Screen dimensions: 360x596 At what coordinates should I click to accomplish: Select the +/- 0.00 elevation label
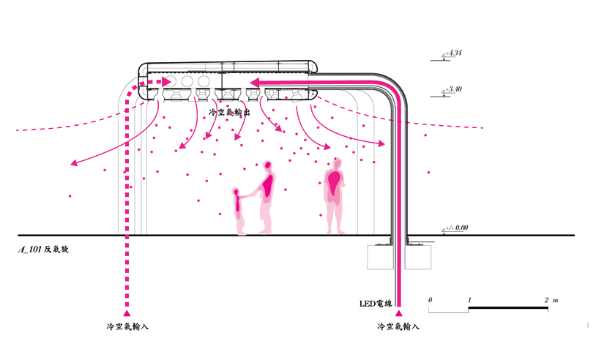pyautogui.click(x=457, y=228)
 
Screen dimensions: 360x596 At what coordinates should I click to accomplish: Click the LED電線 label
pyautogui.click(x=376, y=303)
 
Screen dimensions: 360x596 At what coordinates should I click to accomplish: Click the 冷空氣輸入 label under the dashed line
pyautogui.click(x=128, y=327)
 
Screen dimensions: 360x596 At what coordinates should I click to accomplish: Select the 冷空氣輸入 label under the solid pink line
pyautogui.click(x=398, y=327)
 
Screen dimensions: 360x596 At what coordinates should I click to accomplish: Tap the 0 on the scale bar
pyautogui.click(x=431, y=300)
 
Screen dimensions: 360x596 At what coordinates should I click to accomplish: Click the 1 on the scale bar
pyautogui.click(x=469, y=300)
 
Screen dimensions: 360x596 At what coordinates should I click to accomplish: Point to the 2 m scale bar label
pyautogui.click(x=551, y=300)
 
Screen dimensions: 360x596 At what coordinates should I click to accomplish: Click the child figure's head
pyautogui.click(x=236, y=193)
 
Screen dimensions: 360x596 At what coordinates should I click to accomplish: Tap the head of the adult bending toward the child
pyautogui.click(x=269, y=166)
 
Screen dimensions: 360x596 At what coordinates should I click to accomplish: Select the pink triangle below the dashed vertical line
pyautogui.click(x=128, y=313)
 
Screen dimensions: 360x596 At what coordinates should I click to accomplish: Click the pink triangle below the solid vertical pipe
pyautogui.click(x=398, y=313)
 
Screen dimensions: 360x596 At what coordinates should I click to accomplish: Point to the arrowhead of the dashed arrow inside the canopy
pyautogui.click(x=168, y=82)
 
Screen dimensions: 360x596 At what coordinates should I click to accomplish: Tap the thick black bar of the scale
pyautogui.click(x=508, y=310)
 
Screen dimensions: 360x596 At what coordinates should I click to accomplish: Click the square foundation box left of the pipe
pyautogui.click(x=380, y=257)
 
